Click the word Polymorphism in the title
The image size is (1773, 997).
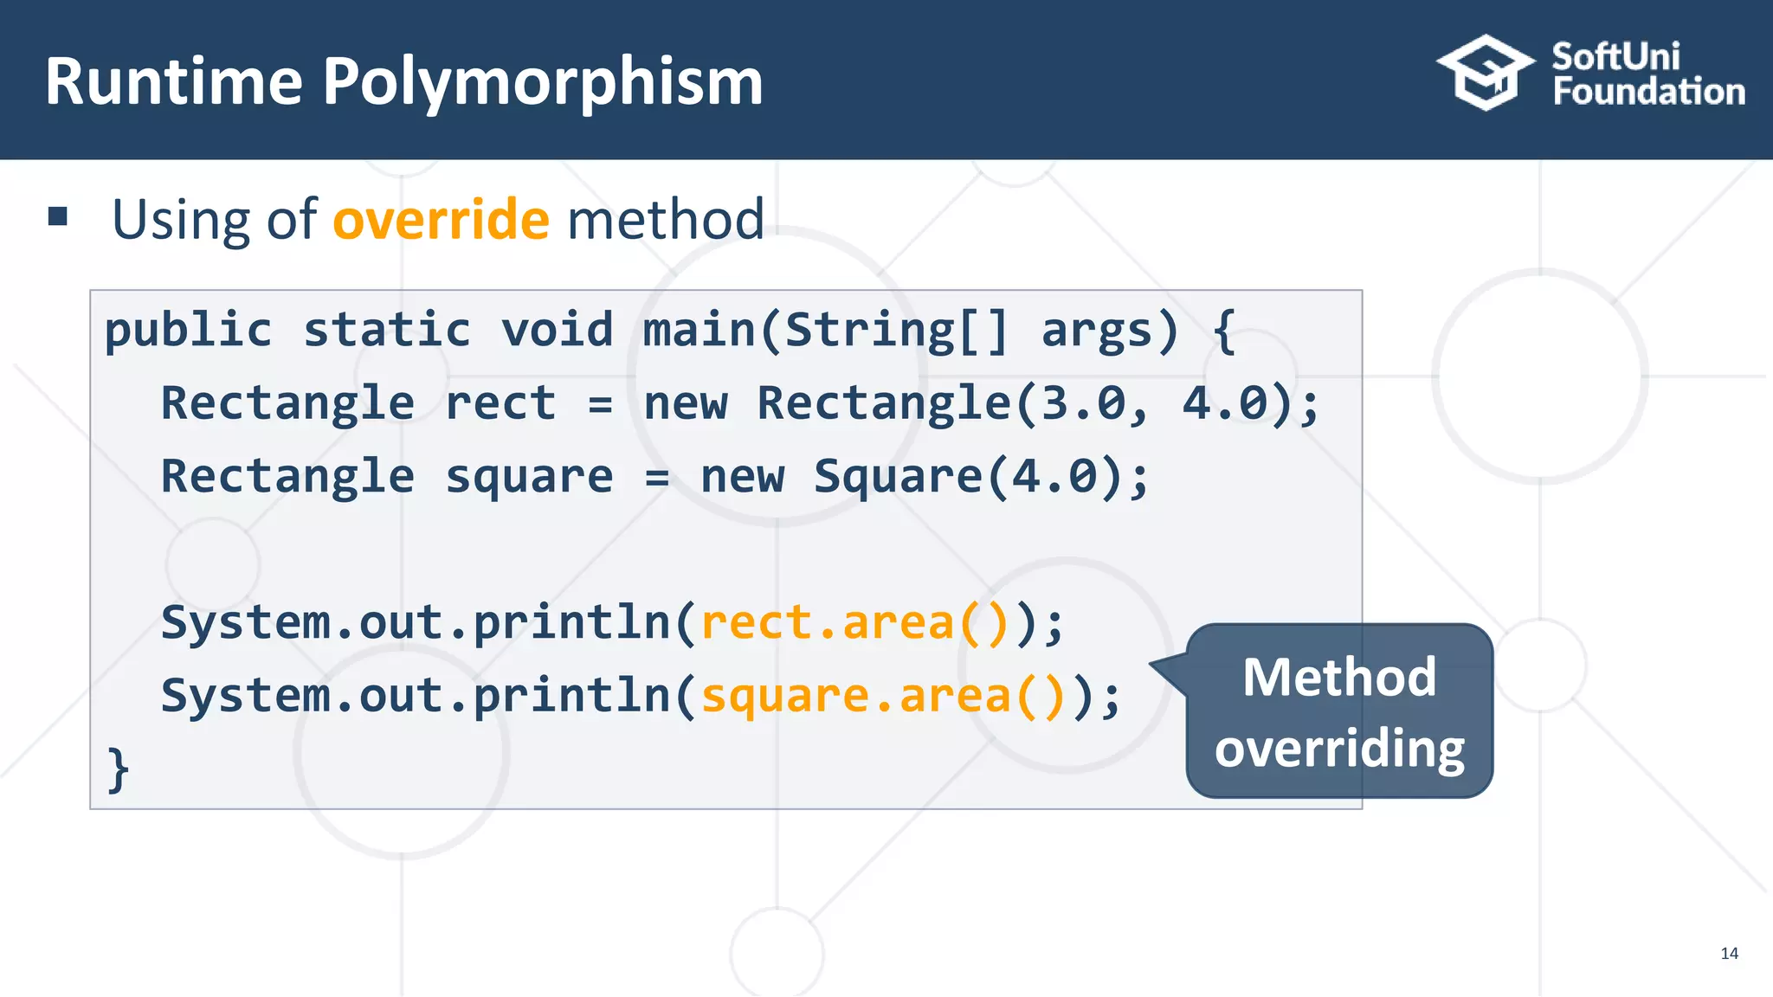click(543, 82)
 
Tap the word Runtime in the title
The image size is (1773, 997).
click(174, 82)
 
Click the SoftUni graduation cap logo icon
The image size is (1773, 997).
click(1485, 73)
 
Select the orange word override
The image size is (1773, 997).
click(441, 219)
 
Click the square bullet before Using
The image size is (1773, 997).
click(58, 216)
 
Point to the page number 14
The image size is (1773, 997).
click(1729, 953)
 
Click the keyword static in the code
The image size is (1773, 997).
click(386, 331)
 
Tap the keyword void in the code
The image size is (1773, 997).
click(557, 331)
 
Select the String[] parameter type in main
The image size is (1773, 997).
click(897, 331)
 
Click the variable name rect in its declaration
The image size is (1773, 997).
click(500, 403)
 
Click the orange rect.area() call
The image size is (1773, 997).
click(855, 623)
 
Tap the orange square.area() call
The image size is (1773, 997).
click(883, 696)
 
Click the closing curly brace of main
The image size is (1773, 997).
click(118, 769)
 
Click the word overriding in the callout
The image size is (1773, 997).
click(1339, 749)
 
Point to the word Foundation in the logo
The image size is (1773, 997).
click(1648, 92)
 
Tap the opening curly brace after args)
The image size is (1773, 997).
click(1223, 331)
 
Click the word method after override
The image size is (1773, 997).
click(665, 219)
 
